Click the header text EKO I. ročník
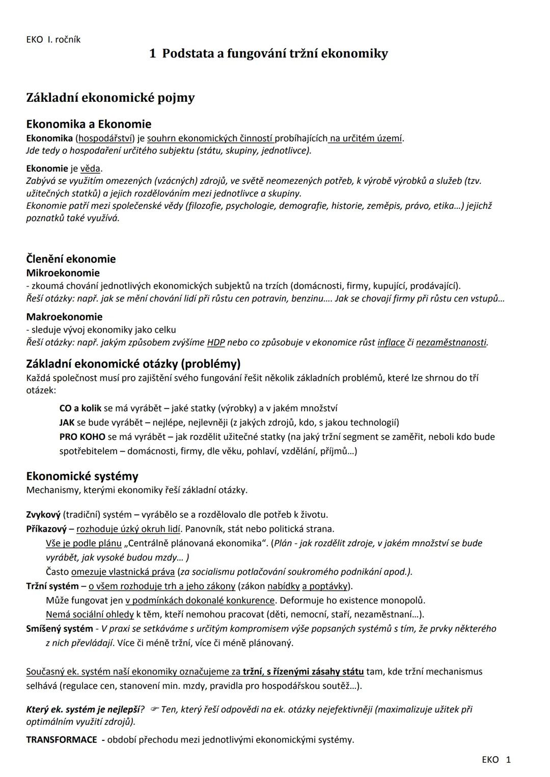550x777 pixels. click(x=53, y=40)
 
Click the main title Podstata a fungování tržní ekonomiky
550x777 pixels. click(x=268, y=53)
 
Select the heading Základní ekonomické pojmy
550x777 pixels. click(x=110, y=97)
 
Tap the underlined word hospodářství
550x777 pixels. click(x=105, y=138)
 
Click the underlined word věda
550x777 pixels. click(x=90, y=169)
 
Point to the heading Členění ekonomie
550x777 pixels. click(x=71, y=259)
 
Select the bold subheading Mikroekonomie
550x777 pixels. click(x=63, y=273)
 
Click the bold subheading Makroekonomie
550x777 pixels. click(x=64, y=317)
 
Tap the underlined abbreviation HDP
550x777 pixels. click(x=216, y=342)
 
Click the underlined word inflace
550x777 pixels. click(x=391, y=342)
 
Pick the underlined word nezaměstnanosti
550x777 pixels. click(x=451, y=342)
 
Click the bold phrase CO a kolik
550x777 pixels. click(x=80, y=408)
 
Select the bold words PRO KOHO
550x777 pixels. click(x=82, y=437)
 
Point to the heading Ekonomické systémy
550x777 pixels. click(x=82, y=476)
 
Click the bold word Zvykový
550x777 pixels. click(x=43, y=514)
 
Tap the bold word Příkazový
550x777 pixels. click(x=46, y=529)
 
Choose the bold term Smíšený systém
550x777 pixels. click(x=59, y=628)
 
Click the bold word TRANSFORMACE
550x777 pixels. click(x=61, y=739)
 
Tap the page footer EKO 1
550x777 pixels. click(x=496, y=760)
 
